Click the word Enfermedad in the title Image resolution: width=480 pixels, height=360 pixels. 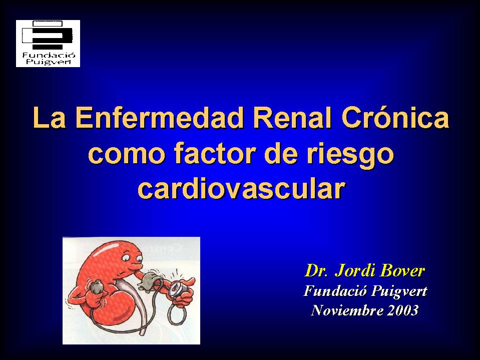point(160,118)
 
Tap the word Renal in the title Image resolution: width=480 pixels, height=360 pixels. point(292,118)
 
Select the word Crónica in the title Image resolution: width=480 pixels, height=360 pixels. point(395,117)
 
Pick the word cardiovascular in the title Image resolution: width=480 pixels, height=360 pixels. point(242,188)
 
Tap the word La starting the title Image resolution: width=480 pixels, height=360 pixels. point(49,118)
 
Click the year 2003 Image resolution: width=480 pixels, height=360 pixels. point(402,310)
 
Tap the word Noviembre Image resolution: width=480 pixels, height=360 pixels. point(347,310)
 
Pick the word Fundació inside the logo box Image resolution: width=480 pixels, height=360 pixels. point(49,55)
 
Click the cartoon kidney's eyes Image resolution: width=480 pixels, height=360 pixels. point(132,258)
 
